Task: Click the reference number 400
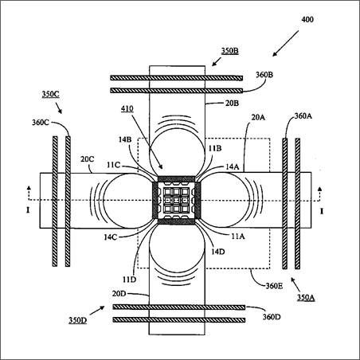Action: coord(307,20)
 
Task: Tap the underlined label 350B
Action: coord(230,50)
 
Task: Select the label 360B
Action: coord(264,75)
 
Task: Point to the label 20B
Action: coord(232,103)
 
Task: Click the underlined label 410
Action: coord(127,109)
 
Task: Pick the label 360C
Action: coord(41,123)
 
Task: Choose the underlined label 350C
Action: coord(50,94)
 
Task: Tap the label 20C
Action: coord(88,159)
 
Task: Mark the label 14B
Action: coord(125,139)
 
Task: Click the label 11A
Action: coord(238,236)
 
